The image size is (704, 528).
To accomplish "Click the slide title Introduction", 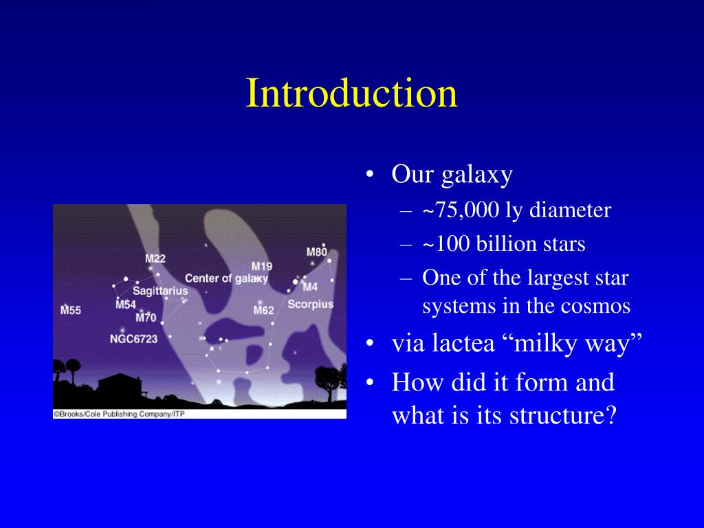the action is [351, 93].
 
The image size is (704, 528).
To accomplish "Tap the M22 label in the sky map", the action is [155, 258].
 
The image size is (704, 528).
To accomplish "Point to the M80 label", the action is [316, 252].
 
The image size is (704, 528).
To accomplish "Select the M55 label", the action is [71, 310].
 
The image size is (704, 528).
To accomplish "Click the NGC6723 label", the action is [134, 339].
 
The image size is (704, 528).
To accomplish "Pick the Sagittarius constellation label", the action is [160, 291].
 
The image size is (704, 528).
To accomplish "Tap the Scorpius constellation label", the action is [311, 305].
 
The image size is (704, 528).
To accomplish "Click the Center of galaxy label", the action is [226, 278].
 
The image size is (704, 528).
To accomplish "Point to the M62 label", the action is [263, 310].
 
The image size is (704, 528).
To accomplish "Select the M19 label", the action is [262, 267].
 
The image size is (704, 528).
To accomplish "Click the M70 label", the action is [146, 318].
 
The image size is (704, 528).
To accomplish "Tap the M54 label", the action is [126, 305].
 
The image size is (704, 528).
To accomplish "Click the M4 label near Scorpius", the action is [310, 287].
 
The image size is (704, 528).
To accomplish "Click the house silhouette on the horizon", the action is [120, 385].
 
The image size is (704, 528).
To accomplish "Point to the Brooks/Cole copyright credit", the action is [119, 414].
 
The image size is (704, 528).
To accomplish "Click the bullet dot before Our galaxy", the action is [370, 174].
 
